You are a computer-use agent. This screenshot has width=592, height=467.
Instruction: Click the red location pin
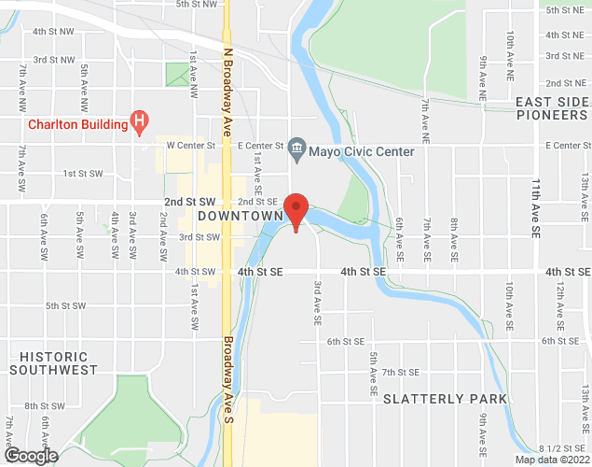pos(296,209)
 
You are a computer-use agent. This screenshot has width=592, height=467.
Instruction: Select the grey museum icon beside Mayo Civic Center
pos(297,146)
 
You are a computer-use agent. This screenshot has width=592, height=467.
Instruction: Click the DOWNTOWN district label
pos(240,217)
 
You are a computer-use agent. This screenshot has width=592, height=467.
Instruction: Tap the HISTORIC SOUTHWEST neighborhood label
pos(53,363)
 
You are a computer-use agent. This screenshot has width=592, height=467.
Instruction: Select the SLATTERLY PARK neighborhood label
pos(446,399)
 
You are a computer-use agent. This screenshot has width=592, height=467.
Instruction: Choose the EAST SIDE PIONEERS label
pos(553,107)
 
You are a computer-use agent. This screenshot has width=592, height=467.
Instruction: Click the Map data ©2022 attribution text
pos(552,460)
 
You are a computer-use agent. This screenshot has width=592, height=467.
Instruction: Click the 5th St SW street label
pos(65,305)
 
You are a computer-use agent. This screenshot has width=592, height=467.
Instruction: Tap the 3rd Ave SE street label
pos(318,303)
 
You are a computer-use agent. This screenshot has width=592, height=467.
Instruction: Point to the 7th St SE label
pos(401,372)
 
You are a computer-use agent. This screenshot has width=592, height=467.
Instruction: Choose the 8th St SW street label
pos(44,406)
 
